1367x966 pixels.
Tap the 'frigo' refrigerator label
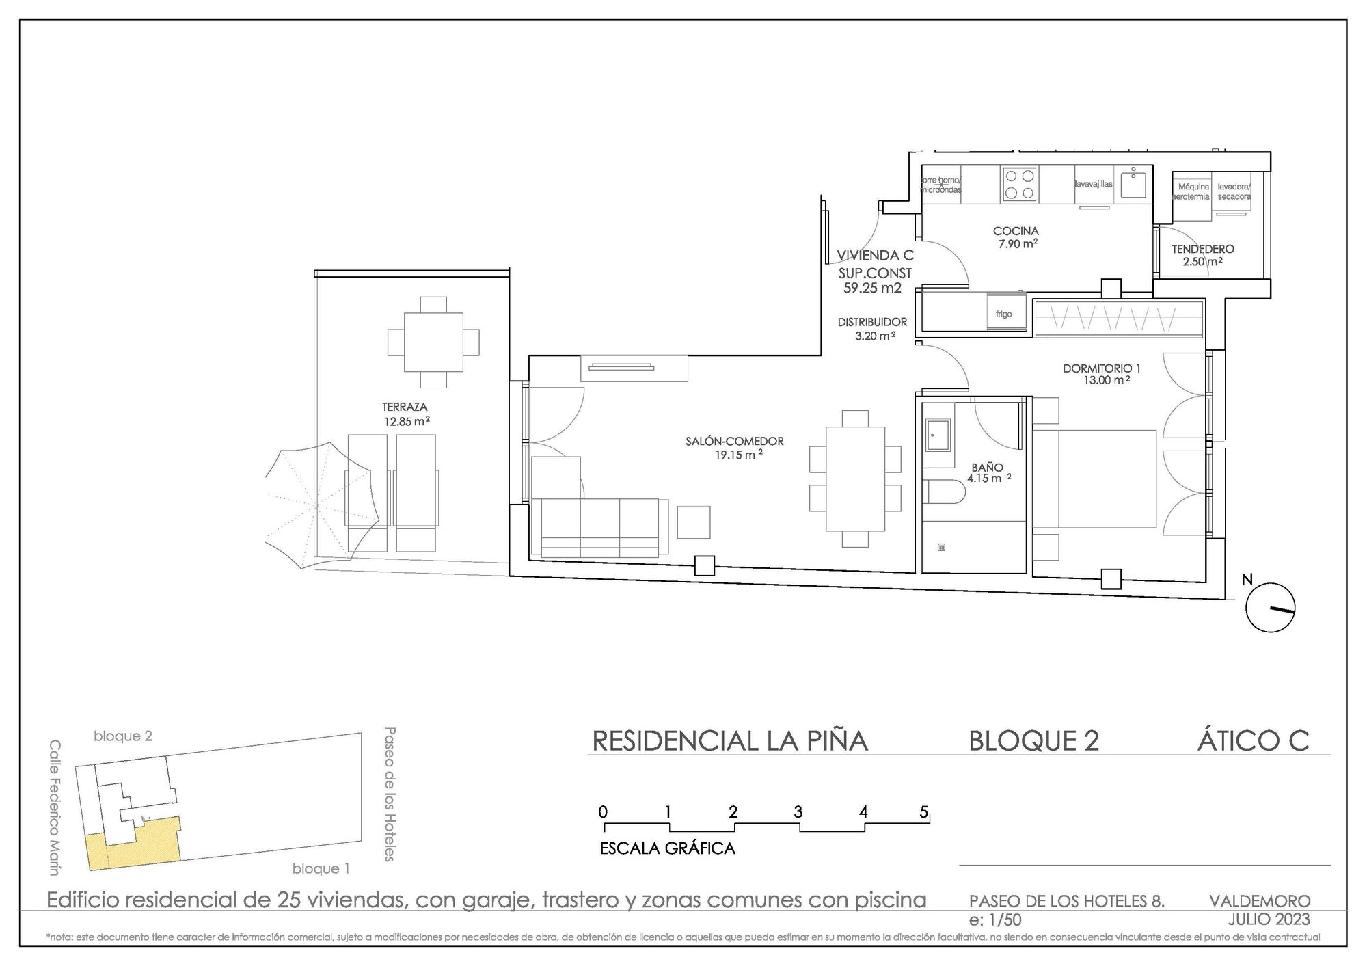point(1003,314)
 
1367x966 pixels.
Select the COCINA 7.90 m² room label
point(1016,237)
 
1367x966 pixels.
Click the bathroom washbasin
point(936,435)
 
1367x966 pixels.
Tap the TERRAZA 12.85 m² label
point(406,414)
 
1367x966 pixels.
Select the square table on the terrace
point(433,342)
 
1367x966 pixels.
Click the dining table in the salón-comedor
point(854,479)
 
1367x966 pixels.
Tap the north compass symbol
point(1270,607)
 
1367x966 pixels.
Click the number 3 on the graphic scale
point(798,812)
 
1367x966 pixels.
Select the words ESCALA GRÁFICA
point(667,848)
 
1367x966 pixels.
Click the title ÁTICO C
point(1252,741)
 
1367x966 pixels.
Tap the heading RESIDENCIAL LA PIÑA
point(729,741)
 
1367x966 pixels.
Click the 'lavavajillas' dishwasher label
point(1094,184)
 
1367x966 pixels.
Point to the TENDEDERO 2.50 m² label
point(1202,255)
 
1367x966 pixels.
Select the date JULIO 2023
point(1269,918)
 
